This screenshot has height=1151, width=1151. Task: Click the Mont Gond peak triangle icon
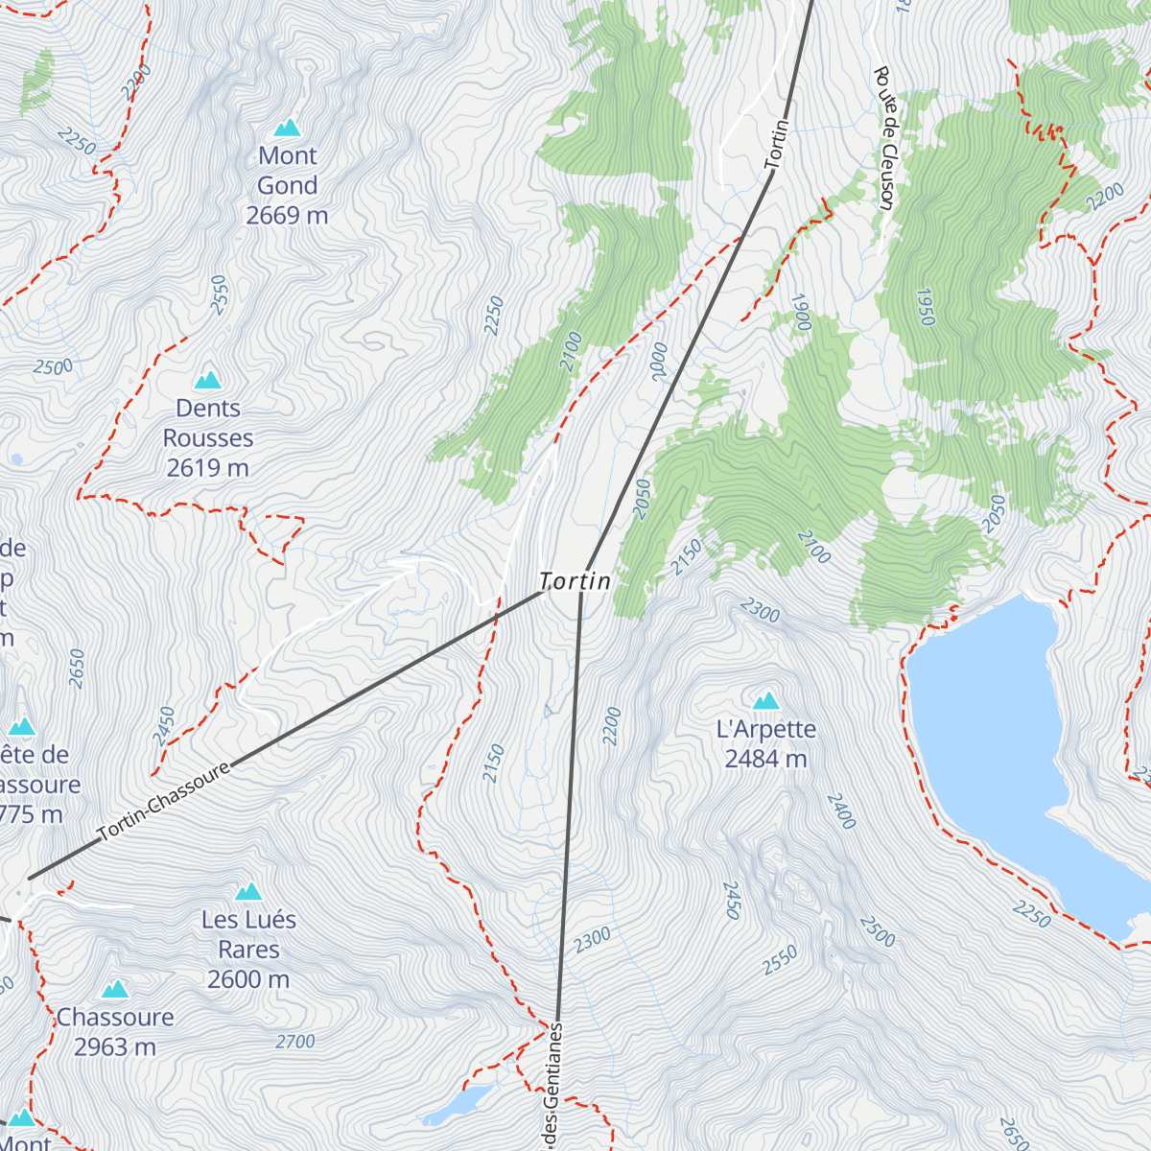coord(287,128)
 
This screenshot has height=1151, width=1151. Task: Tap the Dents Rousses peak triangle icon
coord(208,380)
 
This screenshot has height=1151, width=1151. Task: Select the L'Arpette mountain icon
coord(765,701)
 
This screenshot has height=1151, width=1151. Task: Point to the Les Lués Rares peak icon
coord(248,892)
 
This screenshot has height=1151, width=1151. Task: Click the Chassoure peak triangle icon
coord(115,989)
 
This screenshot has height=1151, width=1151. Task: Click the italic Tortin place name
coord(575,581)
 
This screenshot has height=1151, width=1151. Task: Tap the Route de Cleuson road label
coord(884,137)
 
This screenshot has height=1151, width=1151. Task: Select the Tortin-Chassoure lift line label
coord(165,801)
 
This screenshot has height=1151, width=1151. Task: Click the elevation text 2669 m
coord(287,216)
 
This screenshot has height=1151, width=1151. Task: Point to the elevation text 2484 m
coord(765,759)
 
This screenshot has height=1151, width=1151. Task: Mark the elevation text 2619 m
coord(208,468)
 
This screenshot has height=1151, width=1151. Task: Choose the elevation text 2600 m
coord(248,979)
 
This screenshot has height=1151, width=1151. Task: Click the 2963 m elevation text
coord(115,1047)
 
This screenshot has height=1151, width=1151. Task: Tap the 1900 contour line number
coord(801,313)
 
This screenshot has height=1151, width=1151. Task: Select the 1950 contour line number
coord(924,307)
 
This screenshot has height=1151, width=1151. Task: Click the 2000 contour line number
coord(660,362)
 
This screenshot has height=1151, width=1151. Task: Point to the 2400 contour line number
coord(841,811)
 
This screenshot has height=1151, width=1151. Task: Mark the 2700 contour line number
coord(294,1042)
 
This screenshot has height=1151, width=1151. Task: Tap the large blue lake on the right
coord(998,729)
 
